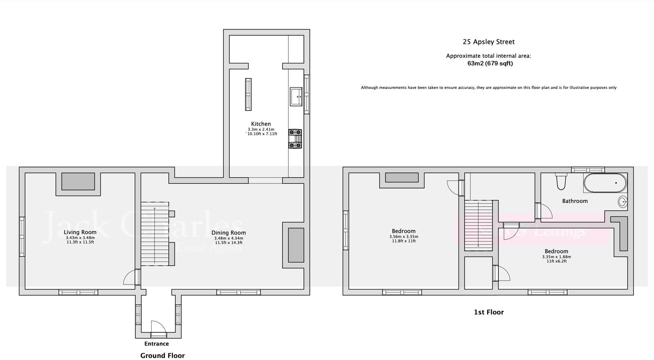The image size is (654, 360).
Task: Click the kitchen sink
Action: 296,96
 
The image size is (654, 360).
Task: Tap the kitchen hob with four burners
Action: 295,139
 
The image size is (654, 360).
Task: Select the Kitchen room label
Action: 261,124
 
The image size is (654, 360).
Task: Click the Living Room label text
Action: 80,232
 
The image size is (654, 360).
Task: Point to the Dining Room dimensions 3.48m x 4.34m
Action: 229,238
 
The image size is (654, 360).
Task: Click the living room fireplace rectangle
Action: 78,181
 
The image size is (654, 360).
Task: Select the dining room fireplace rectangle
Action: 296,245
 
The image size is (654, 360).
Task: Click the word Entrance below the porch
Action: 157,344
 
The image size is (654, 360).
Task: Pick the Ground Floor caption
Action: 162,356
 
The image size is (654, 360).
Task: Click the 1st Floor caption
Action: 488,312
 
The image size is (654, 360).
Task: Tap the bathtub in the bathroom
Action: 605,183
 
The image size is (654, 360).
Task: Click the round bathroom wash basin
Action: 623,202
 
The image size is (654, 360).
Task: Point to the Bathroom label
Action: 575,201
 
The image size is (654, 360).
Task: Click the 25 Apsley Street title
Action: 488,42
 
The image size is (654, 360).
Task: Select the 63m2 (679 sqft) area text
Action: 490,63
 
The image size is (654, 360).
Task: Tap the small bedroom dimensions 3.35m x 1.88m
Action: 556,257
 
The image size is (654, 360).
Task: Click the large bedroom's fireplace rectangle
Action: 402,177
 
